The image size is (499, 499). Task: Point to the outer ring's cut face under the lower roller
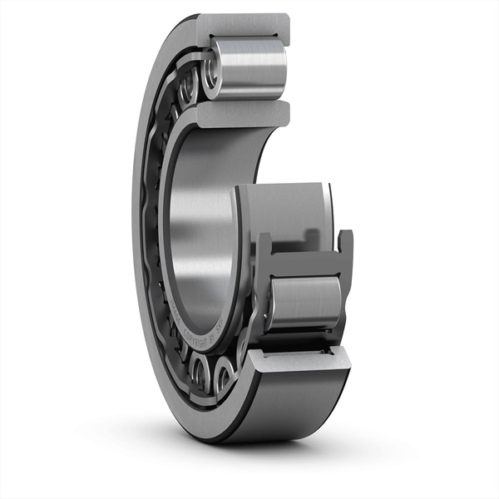click(299, 358)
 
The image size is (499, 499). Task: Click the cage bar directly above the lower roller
click(304, 264)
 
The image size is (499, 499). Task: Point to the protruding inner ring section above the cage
click(287, 212)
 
